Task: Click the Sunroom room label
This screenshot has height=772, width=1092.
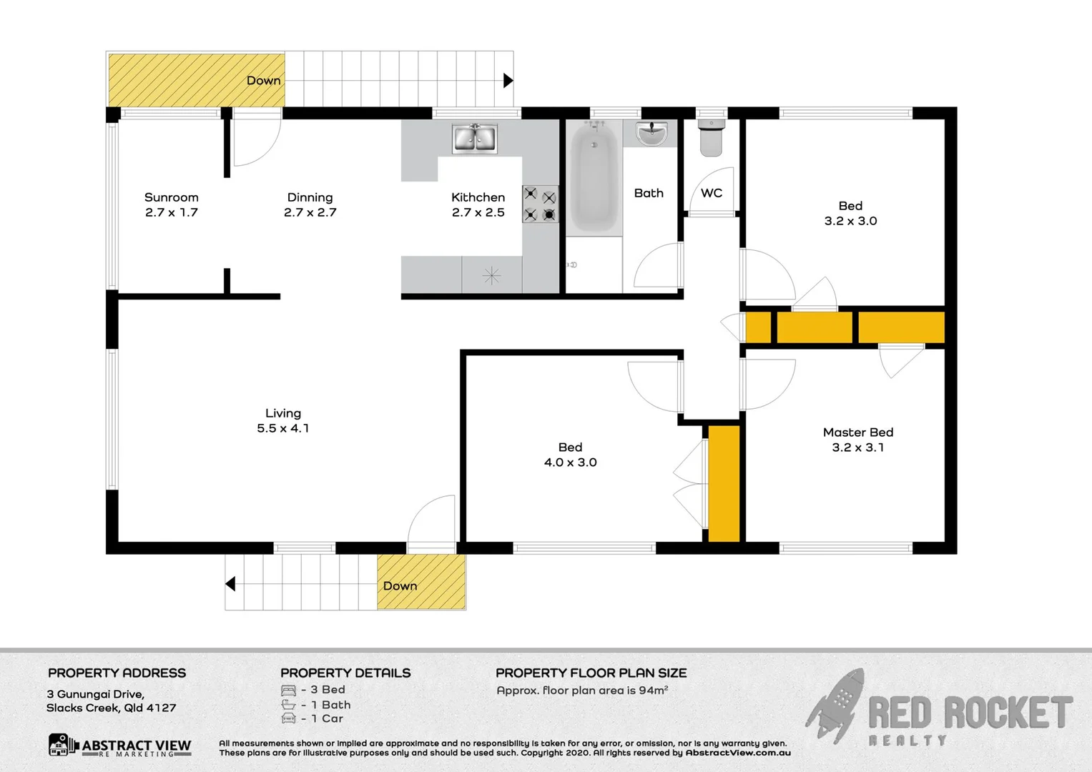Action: click(x=171, y=198)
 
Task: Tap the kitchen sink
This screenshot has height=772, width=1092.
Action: click(x=474, y=138)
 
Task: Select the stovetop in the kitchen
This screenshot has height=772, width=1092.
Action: click(x=540, y=204)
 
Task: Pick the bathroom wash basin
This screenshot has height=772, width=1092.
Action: click(x=651, y=133)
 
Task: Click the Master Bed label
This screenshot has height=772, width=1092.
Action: click(x=857, y=432)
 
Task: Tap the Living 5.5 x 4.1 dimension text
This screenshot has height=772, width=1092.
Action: click(x=283, y=428)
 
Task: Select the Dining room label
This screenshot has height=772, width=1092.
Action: click(x=310, y=198)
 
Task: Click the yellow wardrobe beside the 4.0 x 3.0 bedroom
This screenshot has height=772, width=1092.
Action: click(x=724, y=483)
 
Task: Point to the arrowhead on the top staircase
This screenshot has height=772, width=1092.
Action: click(x=508, y=80)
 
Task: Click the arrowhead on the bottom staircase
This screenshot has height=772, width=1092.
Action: click(x=230, y=584)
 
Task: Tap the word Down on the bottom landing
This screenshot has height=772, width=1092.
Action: click(x=400, y=586)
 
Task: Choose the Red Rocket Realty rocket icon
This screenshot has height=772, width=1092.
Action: click(x=836, y=706)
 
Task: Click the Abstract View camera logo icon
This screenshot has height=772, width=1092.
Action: click(x=60, y=745)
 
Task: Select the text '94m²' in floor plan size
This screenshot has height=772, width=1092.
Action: click(x=653, y=691)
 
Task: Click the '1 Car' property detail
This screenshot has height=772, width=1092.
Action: click(x=327, y=719)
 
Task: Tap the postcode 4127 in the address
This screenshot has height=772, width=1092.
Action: click(x=161, y=708)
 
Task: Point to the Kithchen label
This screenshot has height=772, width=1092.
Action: click(x=478, y=198)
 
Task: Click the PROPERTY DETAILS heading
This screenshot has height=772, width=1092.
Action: click(x=345, y=673)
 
